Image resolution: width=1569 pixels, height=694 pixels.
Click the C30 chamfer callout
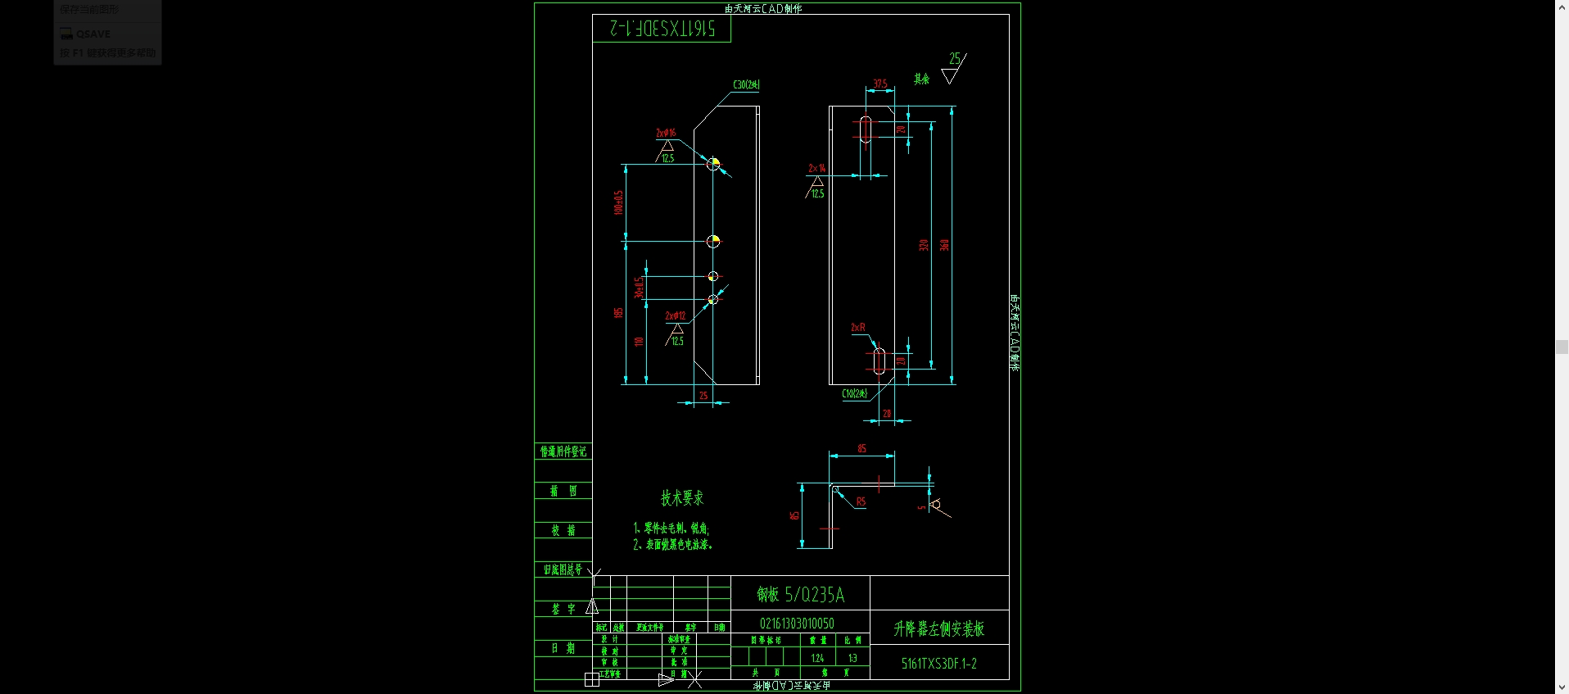pyautogui.click(x=746, y=84)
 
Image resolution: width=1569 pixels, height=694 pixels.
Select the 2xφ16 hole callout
pyautogui.click(x=666, y=133)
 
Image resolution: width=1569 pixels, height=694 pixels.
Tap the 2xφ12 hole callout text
pyautogui.click(x=676, y=315)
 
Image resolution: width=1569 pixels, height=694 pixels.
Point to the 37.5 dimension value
pyautogui.click(x=880, y=84)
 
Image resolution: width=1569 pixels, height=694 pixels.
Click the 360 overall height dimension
pyautogui.click(x=944, y=245)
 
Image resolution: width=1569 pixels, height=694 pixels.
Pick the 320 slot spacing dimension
pyautogui.click(x=924, y=245)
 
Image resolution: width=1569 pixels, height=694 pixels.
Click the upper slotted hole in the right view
pyautogui.click(x=866, y=129)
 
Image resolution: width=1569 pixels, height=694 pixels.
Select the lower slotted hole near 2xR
pyautogui.click(x=879, y=361)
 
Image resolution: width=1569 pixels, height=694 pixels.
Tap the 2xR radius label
pyautogui.click(x=858, y=327)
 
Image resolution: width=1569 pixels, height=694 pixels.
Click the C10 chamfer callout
pyautogui.click(x=854, y=393)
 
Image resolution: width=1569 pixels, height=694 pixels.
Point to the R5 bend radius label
pyautogui.click(x=861, y=501)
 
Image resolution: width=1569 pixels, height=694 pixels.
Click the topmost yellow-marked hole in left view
pyautogui.click(x=713, y=164)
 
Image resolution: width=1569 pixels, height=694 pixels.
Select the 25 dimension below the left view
pyautogui.click(x=703, y=396)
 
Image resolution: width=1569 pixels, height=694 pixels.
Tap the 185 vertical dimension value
pyautogui.click(x=618, y=312)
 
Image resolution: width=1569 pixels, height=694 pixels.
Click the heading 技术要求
pyautogui.click(x=682, y=497)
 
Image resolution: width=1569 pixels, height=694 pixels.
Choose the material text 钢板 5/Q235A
pyautogui.click(x=800, y=594)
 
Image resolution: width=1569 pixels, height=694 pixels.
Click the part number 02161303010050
pyautogui.click(x=797, y=624)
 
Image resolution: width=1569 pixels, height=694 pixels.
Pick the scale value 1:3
pyautogui.click(x=852, y=658)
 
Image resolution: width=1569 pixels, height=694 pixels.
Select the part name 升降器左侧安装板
pyautogui.click(x=938, y=628)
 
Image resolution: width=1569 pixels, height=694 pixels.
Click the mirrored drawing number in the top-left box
pyautogui.click(x=662, y=29)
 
